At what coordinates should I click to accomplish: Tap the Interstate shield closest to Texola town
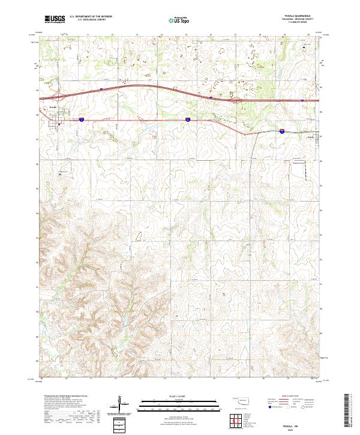point(81,120)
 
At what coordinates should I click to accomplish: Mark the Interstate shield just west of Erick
point(281,130)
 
